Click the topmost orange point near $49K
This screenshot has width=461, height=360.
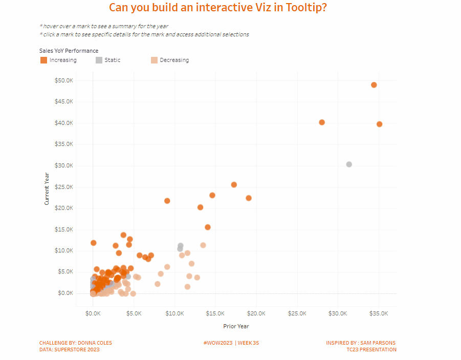[x=374, y=85]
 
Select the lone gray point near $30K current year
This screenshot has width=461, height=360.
[x=349, y=164]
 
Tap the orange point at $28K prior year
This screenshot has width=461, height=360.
[x=322, y=122]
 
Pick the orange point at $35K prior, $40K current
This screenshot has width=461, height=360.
[x=380, y=124]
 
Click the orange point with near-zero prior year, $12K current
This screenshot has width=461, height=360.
[x=94, y=243]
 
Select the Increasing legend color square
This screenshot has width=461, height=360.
[x=43, y=60]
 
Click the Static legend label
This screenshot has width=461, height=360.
[x=113, y=60]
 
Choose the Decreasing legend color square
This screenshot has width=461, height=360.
[x=154, y=60]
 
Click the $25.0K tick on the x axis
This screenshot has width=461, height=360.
[x=297, y=313]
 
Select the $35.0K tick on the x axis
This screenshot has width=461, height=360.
[x=379, y=313]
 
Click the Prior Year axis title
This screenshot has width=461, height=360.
[x=236, y=326]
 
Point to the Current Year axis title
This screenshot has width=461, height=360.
[x=47, y=188]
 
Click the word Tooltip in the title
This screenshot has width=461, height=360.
[x=305, y=8]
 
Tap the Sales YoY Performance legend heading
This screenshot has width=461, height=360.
[x=69, y=51]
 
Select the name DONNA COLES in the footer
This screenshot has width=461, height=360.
[x=95, y=343]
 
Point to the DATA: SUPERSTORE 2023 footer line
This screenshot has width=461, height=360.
[x=70, y=350]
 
